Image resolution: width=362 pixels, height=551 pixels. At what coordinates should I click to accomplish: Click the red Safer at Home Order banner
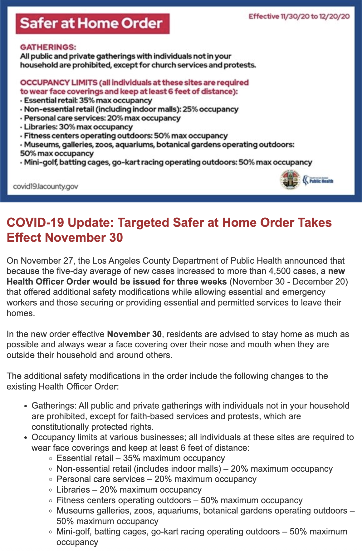[92, 23]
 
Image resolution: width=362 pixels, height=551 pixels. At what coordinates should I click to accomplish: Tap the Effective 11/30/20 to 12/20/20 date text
[299, 17]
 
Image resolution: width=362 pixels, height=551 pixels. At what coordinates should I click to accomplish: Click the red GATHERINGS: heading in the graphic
[48, 47]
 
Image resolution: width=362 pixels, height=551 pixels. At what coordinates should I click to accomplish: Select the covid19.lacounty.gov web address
[46, 186]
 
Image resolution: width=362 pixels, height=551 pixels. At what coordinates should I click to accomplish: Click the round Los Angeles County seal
[290, 180]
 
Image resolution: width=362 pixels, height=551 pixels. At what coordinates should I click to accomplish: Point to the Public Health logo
[318, 181]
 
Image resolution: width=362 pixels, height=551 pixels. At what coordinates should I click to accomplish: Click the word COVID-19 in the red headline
[35, 223]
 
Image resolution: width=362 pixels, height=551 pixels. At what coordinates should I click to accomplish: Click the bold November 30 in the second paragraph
[134, 334]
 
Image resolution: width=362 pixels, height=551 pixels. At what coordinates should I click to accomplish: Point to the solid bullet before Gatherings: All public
[26, 406]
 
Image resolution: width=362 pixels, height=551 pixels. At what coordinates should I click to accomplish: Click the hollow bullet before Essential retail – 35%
[51, 459]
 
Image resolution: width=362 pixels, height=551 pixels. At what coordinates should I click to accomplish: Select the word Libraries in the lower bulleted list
[73, 490]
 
